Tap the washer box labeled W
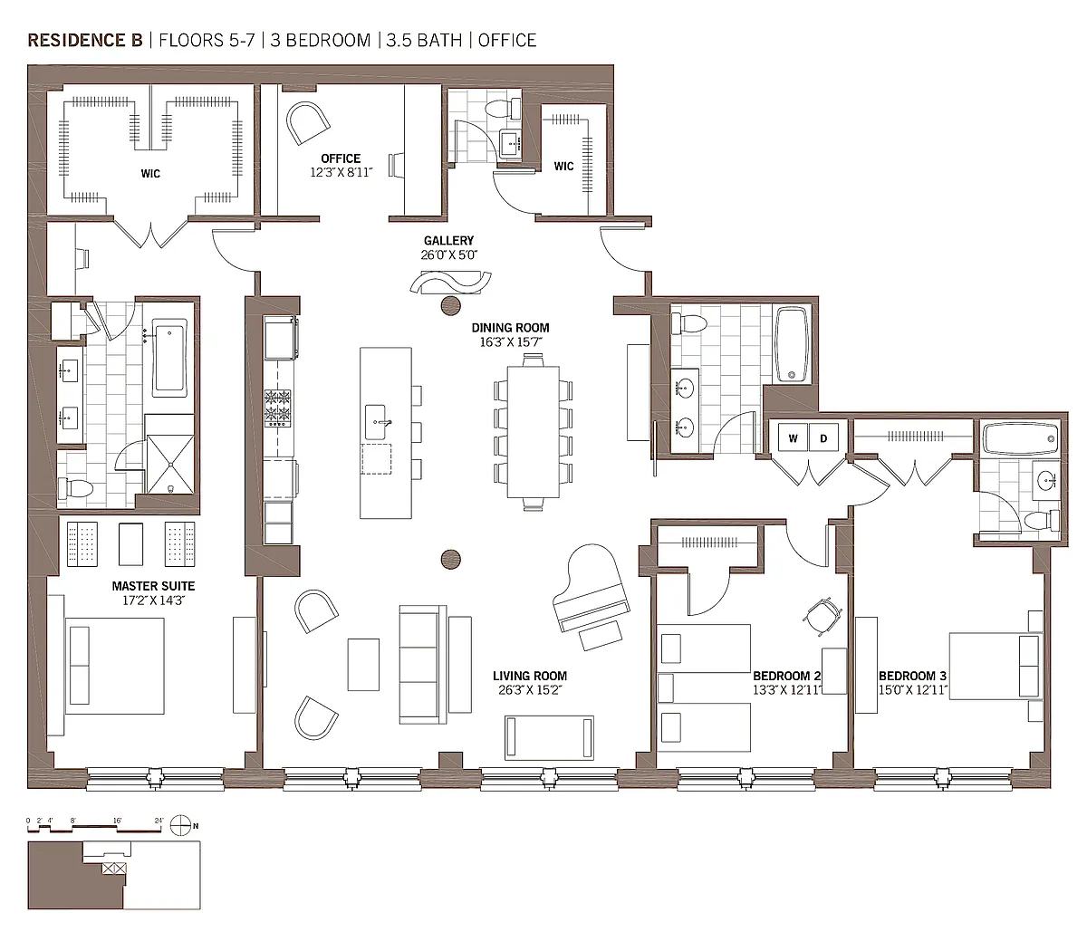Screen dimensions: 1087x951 [x=793, y=437]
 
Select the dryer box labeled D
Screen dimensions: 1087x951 [x=823, y=437]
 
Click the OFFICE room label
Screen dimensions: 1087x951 [x=341, y=158]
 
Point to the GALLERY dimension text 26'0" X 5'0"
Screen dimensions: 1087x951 [x=449, y=255]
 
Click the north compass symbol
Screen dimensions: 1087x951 [x=180, y=825]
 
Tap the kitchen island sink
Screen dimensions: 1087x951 [x=376, y=422]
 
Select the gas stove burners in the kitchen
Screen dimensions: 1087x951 [x=278, y=408]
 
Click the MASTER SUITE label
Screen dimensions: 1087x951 [x=153, y=586]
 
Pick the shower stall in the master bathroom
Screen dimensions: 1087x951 [x=170, y=465]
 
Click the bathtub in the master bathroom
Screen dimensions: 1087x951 [x=169, y=358]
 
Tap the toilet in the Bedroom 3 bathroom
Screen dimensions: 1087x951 [x=1042, y=520]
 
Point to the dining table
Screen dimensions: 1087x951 [x=533, y=431]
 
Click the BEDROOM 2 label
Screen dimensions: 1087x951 [x=786, y=676]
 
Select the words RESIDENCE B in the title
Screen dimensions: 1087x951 [x=85, y=41]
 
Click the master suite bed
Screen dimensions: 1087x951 [x=115, y=666]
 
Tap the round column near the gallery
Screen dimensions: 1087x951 [x=450, y=305]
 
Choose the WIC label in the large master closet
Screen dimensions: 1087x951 [x=150, y=174]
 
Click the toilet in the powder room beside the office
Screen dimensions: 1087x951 [x=504, y=110]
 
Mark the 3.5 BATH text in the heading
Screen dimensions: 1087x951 [x=424, y=41]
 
